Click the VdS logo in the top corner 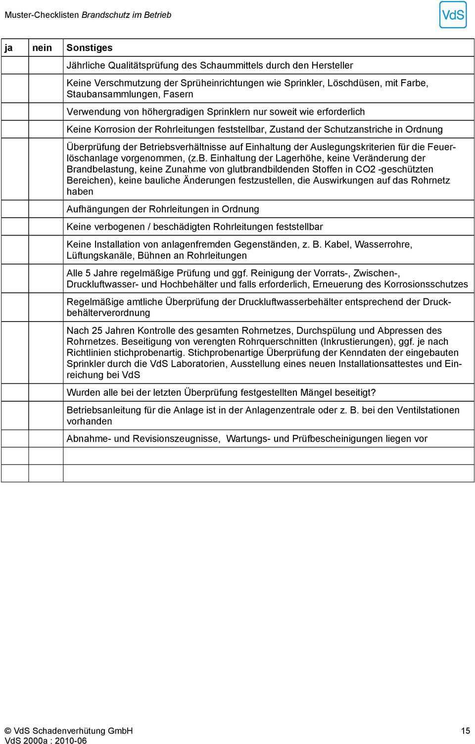pos(452,15)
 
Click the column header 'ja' pos(8,48)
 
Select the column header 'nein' pos(42,48)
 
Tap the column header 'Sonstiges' pos(90,48)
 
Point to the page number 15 pos(465,731)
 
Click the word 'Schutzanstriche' pos(358,130)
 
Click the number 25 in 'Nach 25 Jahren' pos(97,330)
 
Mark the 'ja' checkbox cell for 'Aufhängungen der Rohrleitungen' pos(15,209)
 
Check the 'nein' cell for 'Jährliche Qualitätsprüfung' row pos(46,65)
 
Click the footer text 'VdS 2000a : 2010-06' pos(46,741)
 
